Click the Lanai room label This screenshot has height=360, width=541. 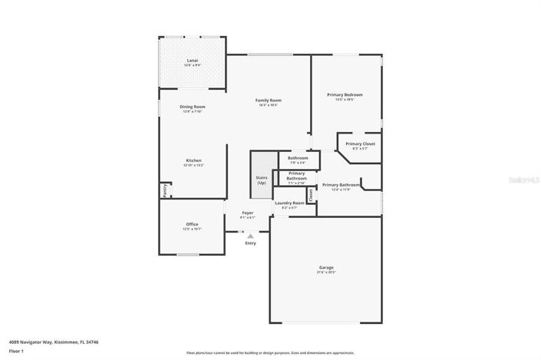coord(193,60)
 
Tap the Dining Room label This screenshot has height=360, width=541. coord(193,107)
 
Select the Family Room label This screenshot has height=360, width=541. coord(269,100)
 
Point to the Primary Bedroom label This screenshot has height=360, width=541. coord(345,94)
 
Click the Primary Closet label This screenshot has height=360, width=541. coord(360,144)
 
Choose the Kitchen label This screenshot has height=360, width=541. coord(193,160)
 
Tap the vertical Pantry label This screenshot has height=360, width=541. coord(164,190)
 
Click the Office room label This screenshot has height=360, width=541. coord(192,224)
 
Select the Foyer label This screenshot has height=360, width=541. coord(248,213)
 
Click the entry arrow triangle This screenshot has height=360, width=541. coord(250,236)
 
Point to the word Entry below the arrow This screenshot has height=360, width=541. coord(250,243)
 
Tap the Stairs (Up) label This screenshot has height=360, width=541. coord(262,180)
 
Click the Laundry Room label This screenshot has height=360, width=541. coord(289,203)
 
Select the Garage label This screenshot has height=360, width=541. coord(326,267)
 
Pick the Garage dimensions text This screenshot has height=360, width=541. coord(326,272)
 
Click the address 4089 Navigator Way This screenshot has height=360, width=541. coord(53,342)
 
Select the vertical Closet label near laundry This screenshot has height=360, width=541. coord(311,195)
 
